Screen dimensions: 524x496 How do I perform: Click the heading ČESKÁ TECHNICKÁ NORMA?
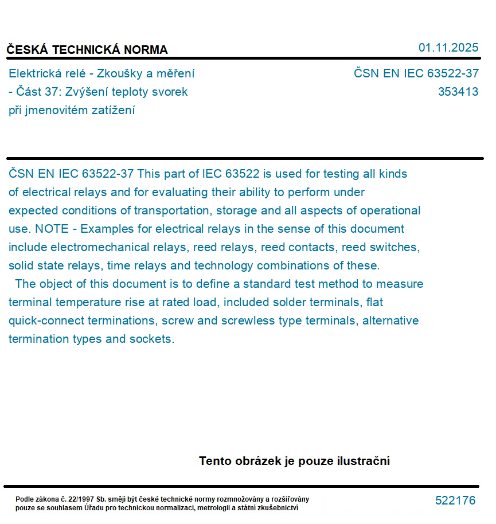87,50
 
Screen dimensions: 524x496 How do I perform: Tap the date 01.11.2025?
448,48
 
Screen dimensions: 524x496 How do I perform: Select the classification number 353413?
458,92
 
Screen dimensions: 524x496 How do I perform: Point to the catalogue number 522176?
455,500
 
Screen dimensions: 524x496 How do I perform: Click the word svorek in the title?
170,92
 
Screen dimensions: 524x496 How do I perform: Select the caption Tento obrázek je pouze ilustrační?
294,461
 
